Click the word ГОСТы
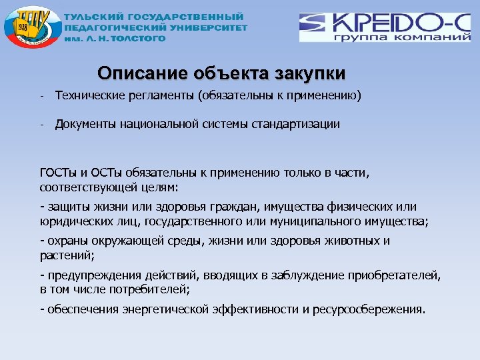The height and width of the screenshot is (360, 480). [x=55, y=173]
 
